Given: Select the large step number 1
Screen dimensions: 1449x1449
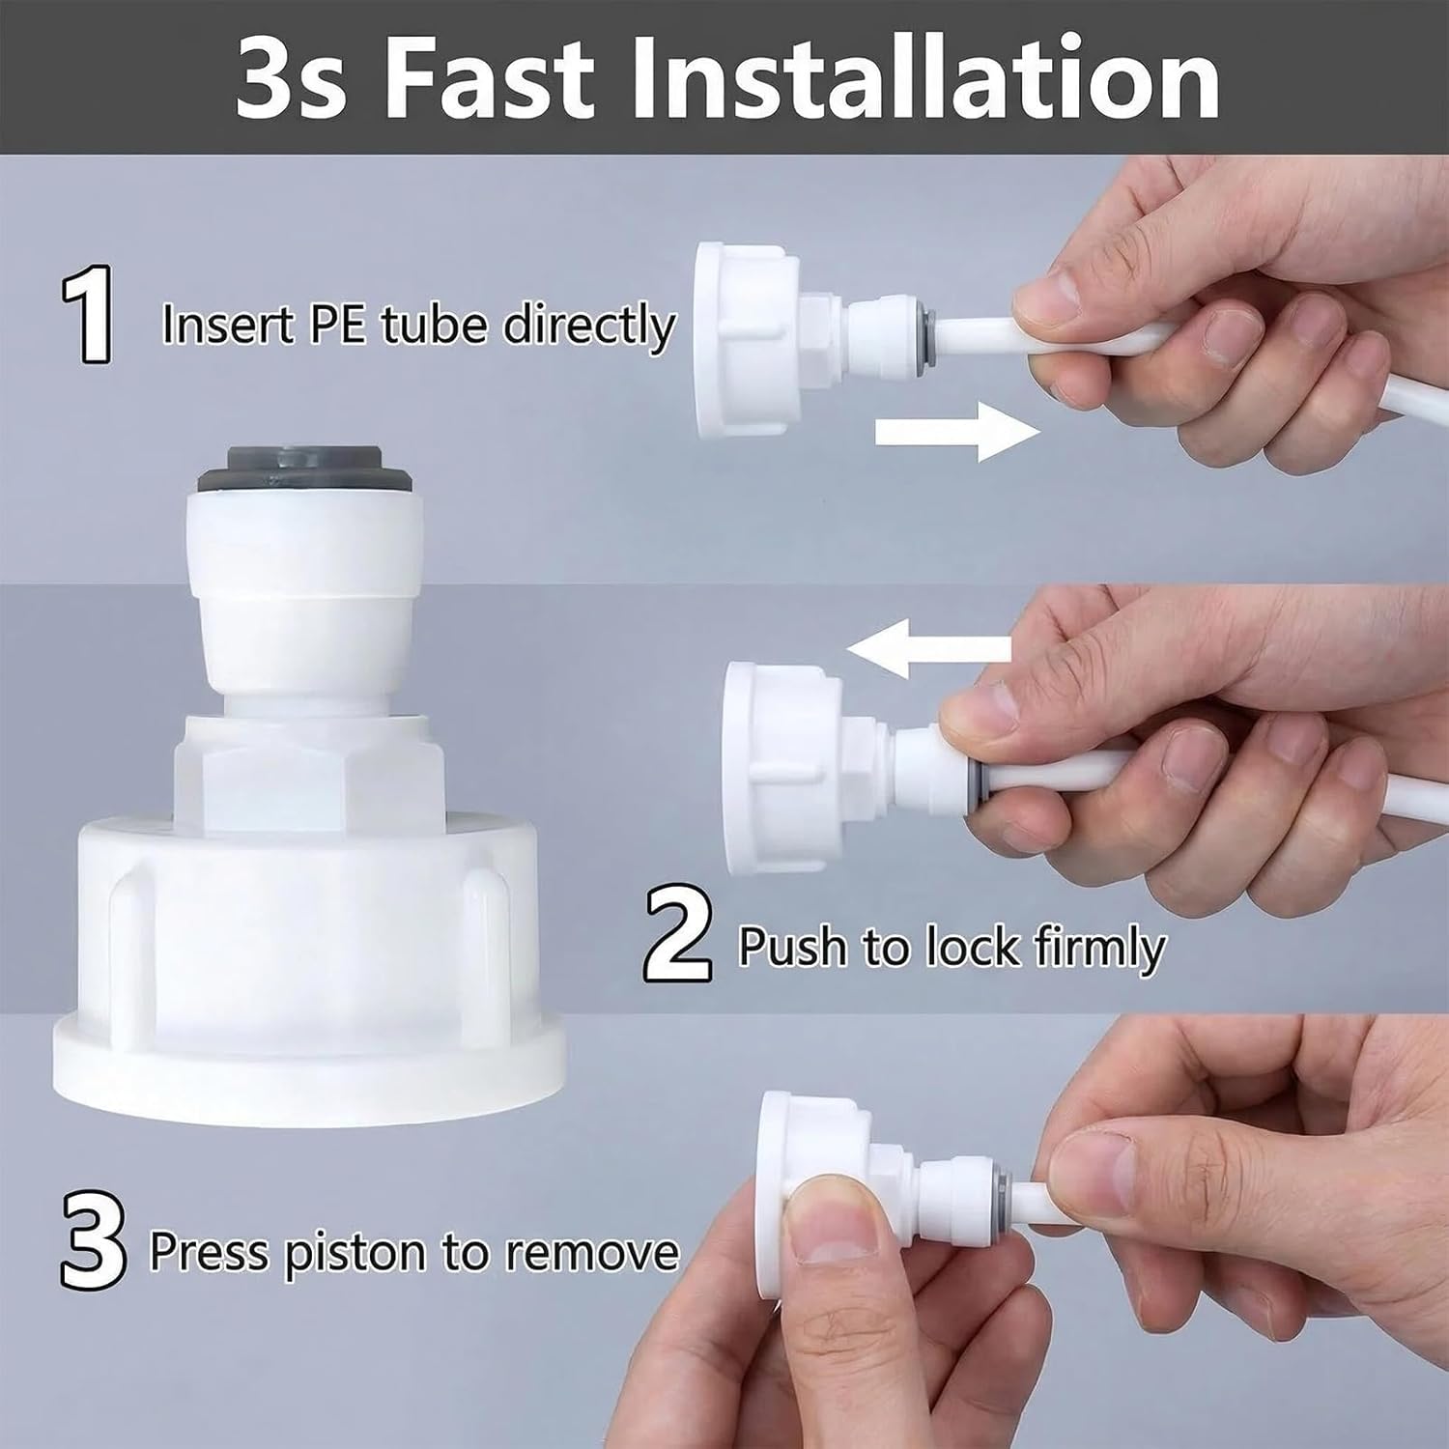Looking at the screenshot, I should [89, 316].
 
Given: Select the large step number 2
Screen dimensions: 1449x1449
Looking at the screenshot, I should [679, 935].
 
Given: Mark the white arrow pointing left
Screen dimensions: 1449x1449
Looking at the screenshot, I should [929, 647].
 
